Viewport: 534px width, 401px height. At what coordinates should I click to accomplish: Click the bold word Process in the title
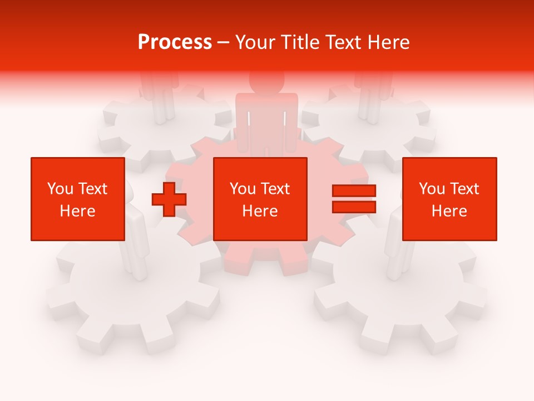point(175,42)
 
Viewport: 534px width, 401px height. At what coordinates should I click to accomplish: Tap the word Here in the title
point(387,42)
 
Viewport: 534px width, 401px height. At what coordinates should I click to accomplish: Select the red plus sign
point(169,199)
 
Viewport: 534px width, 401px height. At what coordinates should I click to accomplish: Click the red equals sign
point(354,199)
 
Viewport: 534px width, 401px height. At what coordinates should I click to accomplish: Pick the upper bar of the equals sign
point(354,191)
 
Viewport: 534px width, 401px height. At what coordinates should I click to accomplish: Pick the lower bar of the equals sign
point(354,207)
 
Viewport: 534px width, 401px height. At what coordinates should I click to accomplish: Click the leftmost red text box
point(77,199)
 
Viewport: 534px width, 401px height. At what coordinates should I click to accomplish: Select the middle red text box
point(260,199)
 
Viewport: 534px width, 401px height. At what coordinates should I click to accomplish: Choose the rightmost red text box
point(449,199)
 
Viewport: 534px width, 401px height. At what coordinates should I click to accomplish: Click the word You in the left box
point(60,189)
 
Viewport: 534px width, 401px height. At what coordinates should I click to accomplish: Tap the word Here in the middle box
point(260,211)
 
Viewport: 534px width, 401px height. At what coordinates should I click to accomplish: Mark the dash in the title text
point(224,43)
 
